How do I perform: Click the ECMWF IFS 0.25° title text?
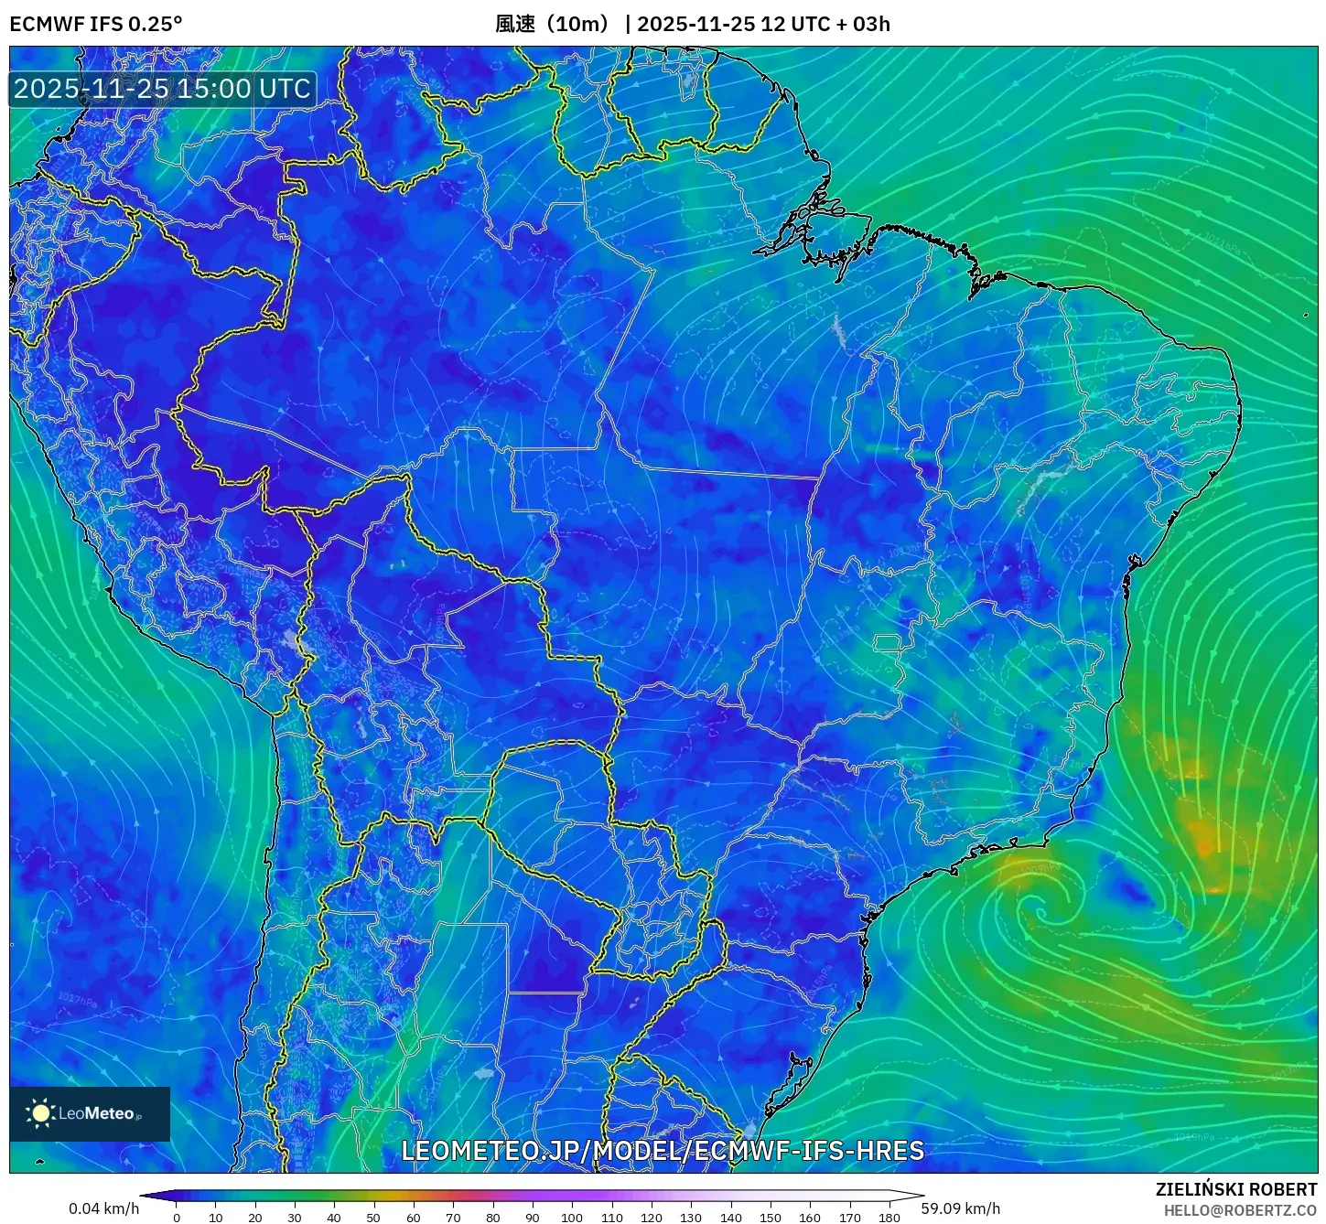coord(95,24)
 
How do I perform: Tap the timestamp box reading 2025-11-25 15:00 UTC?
coord(162,89)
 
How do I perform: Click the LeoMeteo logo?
coord(90,1113)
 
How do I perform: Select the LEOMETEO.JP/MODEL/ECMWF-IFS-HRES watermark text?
coord(663,1150)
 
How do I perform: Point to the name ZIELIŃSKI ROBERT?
coord(1235,1189)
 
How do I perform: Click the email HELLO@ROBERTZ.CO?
coord(1240,1210)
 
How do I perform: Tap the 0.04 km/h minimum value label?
coord(103,1208)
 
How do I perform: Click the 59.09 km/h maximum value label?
coord(961,1208)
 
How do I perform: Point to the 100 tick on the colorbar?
coord(572,1217)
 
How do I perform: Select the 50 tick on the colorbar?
coord(373,1217)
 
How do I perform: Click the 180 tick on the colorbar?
coord(889,1217)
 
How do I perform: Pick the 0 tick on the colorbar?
coord(177,1217)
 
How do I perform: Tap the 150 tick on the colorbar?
coord(771,1217)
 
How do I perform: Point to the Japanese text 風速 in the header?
coord(514,24)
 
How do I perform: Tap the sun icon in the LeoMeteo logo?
coord(41,1113)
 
